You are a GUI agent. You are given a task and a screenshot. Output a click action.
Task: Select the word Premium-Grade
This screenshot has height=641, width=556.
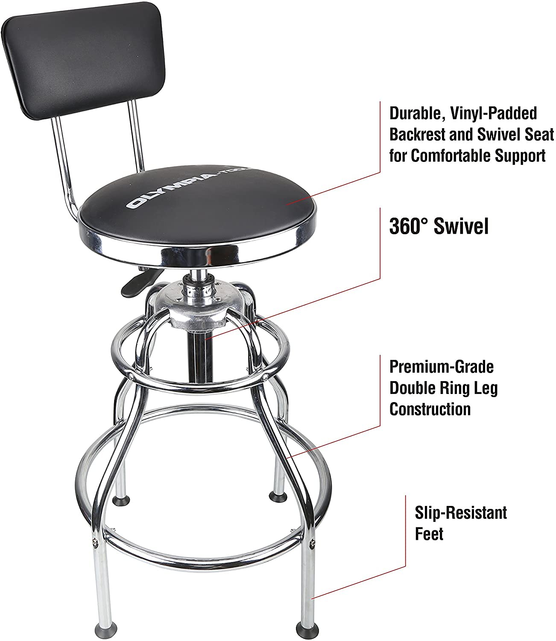click(x=442, y=367)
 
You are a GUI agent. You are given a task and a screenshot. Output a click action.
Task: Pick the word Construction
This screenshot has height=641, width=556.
click(x=430, y=409)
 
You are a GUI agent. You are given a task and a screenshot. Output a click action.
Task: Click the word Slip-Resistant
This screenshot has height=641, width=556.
click(x=461, y=512)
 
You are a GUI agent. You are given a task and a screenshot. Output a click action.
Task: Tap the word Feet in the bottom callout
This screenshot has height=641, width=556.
click(x=429, y=534)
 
